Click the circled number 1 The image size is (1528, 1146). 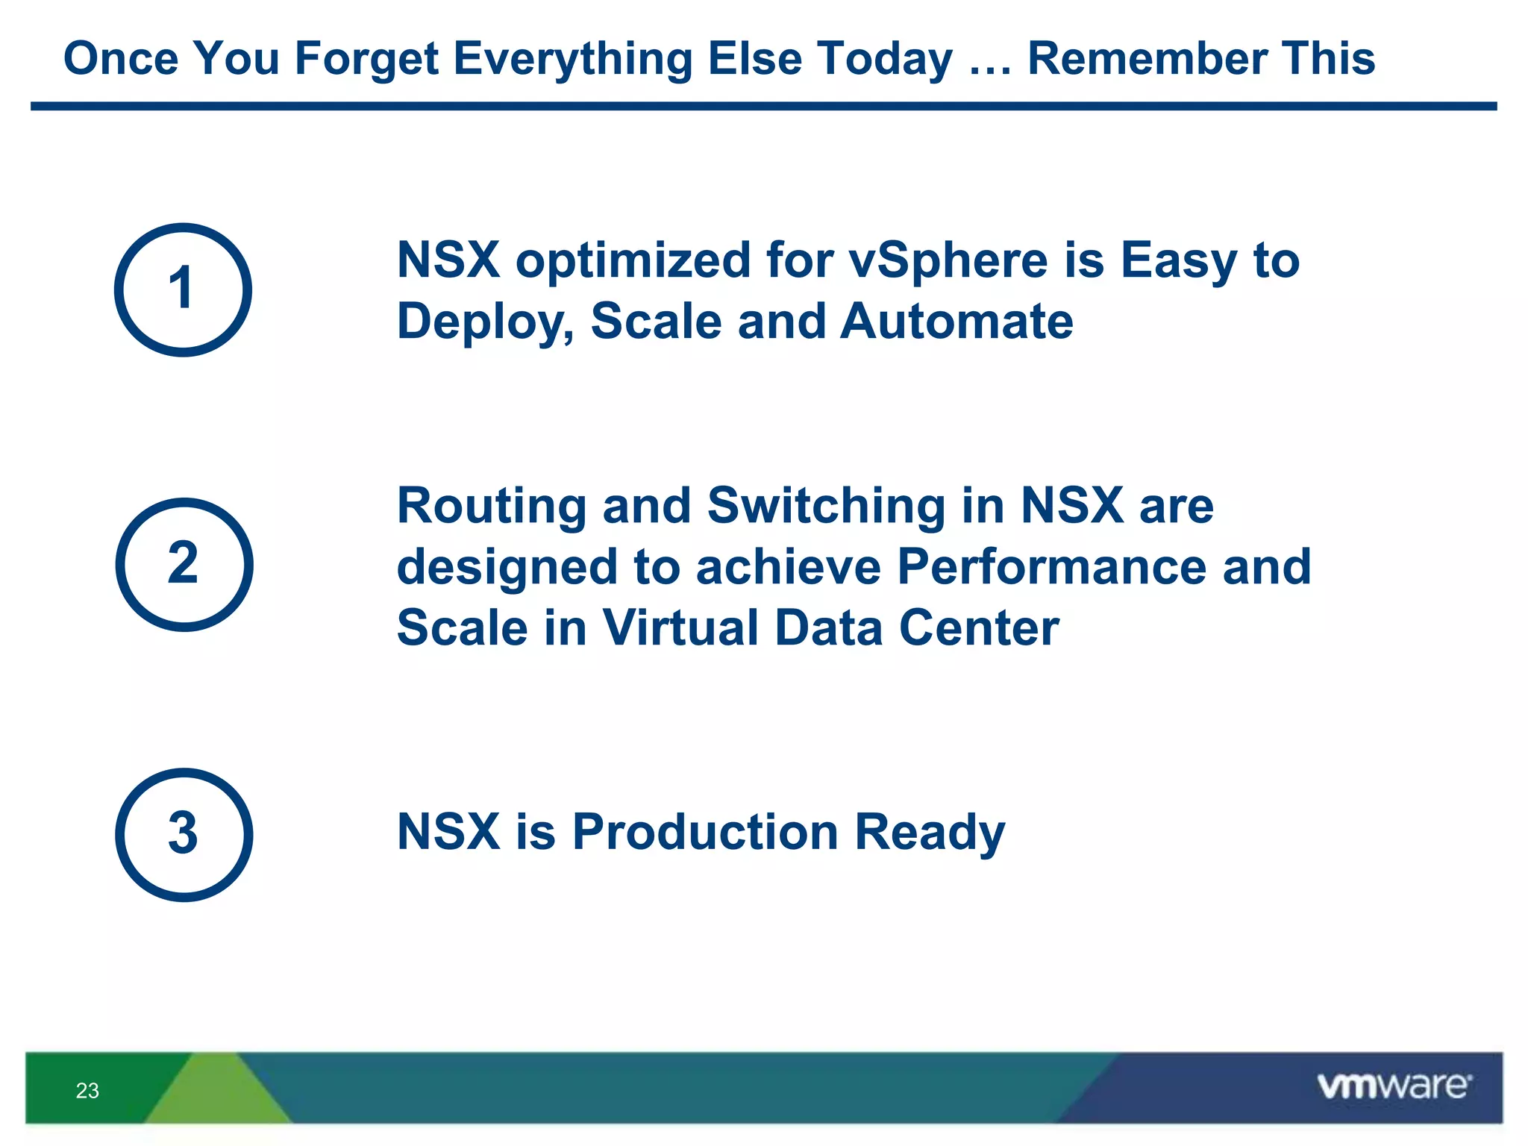coord(183,289)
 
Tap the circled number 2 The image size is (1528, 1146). coord(184,564)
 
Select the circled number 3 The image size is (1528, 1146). coord(184,834)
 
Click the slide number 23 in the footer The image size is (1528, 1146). coord(87,1091)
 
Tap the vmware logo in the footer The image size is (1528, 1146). coord(1394,1086)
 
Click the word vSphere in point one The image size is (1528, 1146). coord(948,261)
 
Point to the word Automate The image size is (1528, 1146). coord(956,322)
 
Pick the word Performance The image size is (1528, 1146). coord(1050,566)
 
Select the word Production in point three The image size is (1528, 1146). coord(705,832)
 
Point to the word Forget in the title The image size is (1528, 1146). coord(366,59)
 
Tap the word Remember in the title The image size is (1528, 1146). coord(1147,58)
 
